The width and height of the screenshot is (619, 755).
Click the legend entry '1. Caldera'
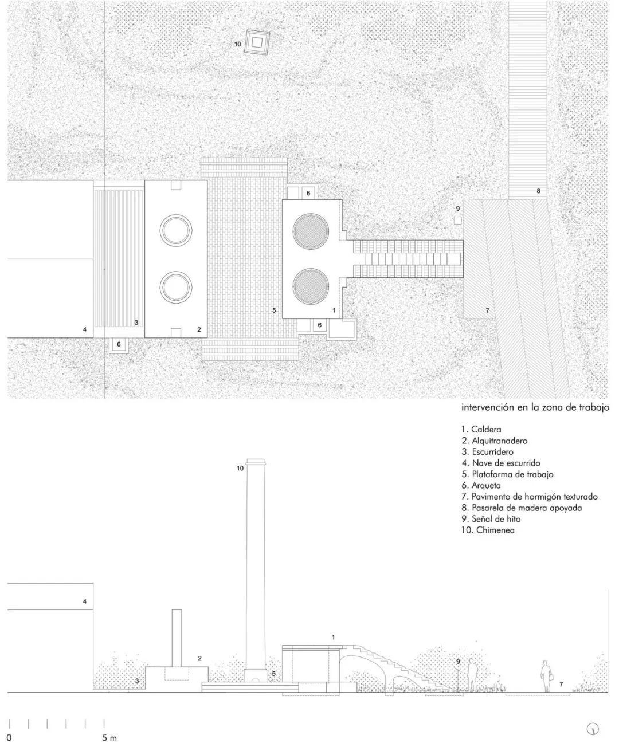[481, 429]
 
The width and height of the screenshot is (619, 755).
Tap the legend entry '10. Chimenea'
[487, 530]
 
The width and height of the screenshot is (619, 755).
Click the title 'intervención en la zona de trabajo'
[535, 408]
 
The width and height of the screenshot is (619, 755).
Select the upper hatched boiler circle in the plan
[311, 232]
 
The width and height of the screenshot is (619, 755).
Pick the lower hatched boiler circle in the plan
[311, 286]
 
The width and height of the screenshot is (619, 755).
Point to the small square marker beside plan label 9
[457, 221]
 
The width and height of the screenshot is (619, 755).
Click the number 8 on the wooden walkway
[538, 191]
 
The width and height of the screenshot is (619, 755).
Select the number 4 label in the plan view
[84, 329]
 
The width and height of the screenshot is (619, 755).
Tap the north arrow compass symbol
[593, 729]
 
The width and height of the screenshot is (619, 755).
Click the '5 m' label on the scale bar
[109, 738]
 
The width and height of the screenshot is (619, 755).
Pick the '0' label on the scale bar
[9, 738]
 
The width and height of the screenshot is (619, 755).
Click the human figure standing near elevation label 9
[472, 676]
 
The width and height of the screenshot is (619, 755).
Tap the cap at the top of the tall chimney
[256, 462]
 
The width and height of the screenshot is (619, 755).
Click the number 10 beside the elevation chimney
[240, 468]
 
